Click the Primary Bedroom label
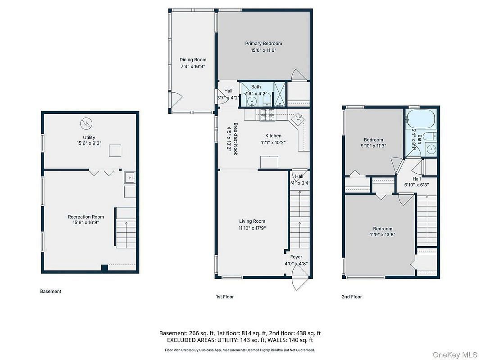pos(263,44)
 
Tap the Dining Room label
pos(193,60)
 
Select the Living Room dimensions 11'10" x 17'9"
pos(252,228)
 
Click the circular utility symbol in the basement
pos(86,124)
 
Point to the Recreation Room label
pos(86,217)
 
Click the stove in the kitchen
pos(267,115)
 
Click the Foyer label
pos(296,257)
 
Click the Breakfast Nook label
pos(235,139)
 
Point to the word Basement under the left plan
pos(50,292)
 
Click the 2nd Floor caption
pos(352,297)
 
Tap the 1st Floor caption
pos(225,297)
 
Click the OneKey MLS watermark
pos(455,355)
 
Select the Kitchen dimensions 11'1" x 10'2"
pos(273,143)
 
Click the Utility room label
pos(89,138)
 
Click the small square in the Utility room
pos(115,151)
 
